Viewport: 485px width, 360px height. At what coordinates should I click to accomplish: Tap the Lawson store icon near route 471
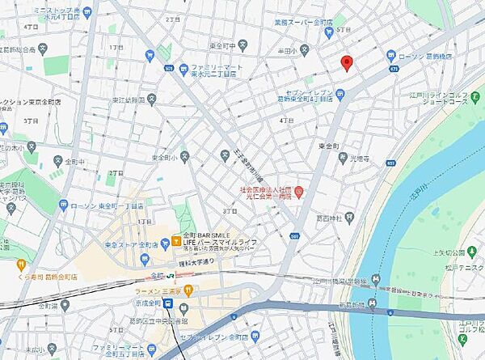pyautogui.click(x=391, y=57)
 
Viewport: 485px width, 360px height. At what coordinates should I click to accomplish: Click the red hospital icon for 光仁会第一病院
pyautogui.click(x=298, y=192)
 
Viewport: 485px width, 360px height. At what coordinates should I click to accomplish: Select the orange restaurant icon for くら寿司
pyautogui.click(x=21, y=263)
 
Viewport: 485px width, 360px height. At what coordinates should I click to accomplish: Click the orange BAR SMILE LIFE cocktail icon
pyautogui.click(x=175, y=241)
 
